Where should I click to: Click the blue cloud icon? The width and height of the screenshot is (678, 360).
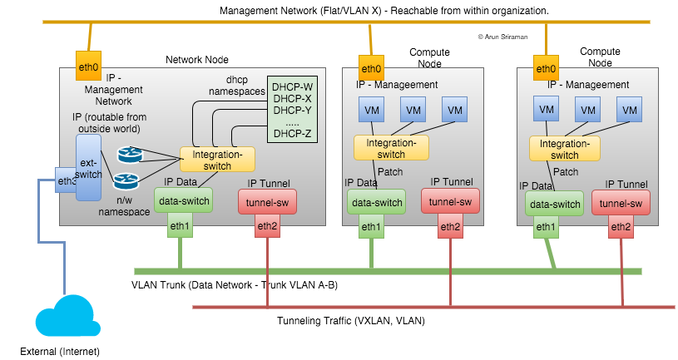click(62, 317)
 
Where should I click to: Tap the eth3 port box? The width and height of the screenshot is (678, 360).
click(67, 180)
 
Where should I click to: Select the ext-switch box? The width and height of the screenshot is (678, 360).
click(88, 169)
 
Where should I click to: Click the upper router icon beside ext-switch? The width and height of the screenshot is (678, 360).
click(129, 155)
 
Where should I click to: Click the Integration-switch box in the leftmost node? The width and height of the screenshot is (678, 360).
click(217, 159)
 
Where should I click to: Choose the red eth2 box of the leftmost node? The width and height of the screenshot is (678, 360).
click(267, 225)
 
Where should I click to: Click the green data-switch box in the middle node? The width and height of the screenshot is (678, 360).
click(374, 202)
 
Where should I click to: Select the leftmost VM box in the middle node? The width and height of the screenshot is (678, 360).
click(370, 109)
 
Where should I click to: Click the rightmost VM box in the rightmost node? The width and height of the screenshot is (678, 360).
click(630, 109)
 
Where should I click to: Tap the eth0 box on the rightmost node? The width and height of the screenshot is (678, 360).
click(546, 68)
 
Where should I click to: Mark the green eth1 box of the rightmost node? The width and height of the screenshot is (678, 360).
click(546, 226)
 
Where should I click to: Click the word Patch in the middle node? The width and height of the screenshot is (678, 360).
click(390, 172)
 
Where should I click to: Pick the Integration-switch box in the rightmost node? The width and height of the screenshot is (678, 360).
click(565, 149)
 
